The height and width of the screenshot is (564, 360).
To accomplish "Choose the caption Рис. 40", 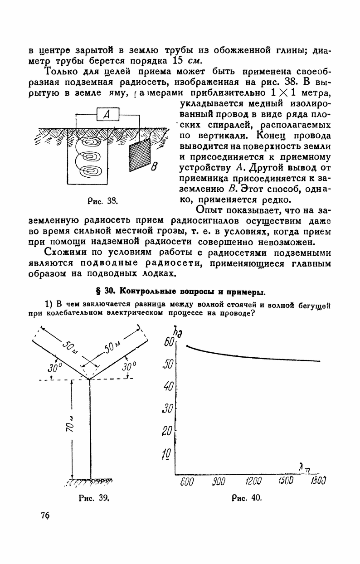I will point(247,498).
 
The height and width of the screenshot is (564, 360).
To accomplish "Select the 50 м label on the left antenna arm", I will point(71,349).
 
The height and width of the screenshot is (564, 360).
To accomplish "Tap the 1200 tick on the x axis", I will point(255,481).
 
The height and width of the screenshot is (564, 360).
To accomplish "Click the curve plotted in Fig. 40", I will point(249,356).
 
